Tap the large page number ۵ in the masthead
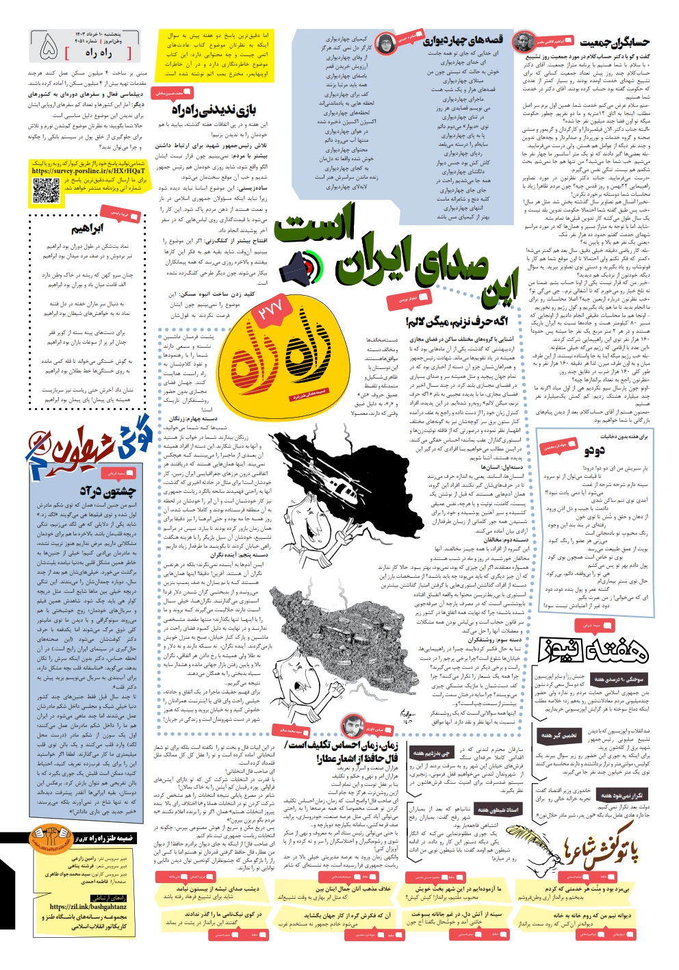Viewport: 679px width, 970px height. (x=49, y=46)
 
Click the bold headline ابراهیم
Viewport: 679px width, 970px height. (x=88, y=228)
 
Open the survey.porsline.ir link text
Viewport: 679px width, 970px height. (x=88, y=171)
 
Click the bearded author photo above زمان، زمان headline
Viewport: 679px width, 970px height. (x=350, y=725)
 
